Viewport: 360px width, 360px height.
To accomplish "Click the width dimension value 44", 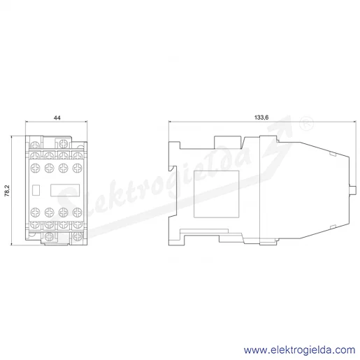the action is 57,117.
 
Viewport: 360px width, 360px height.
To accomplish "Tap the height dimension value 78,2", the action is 7,191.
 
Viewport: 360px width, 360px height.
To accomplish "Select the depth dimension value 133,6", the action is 261,117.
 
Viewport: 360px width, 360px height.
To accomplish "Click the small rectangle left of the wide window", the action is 36,190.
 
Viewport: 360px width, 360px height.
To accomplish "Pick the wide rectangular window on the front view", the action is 65,190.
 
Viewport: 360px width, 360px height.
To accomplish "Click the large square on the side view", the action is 217,194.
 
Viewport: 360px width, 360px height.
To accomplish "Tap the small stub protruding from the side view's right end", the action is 352,190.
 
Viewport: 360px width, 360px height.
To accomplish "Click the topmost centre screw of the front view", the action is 63,143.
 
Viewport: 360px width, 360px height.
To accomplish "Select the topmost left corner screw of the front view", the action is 35,145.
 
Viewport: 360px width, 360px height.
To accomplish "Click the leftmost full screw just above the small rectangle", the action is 35,168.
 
